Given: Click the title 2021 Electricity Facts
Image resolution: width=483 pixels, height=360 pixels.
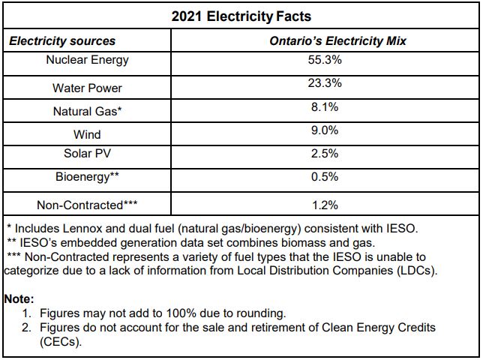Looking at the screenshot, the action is [241, 16].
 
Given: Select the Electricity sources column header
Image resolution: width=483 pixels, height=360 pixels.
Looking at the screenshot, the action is [62, 41].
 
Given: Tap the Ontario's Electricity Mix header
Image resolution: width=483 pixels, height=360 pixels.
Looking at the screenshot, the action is [337, 41].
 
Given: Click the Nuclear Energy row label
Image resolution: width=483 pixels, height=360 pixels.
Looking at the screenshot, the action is [87, 60].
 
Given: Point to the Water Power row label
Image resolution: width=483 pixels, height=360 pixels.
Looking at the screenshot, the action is [87, 88].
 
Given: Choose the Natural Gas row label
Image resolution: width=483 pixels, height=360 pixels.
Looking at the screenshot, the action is [87, 111].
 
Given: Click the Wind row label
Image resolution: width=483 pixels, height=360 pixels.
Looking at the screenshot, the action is [87, 134].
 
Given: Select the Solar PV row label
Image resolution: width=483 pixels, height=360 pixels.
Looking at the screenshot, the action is [87, 153].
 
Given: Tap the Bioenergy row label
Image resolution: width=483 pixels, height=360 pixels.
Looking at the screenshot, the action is [87, 178].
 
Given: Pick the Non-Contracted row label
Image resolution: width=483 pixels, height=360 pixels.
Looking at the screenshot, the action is [87, 205].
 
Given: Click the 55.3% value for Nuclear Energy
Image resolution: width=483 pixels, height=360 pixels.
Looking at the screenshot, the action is [325, 60].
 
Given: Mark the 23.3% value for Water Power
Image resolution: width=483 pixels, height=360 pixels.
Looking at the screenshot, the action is [325, 83].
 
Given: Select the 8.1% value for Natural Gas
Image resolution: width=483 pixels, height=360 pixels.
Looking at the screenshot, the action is [325, 107].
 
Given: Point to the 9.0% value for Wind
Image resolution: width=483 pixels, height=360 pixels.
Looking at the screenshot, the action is [325, 130].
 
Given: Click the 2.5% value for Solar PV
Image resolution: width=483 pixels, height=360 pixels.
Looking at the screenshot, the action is [325, 153].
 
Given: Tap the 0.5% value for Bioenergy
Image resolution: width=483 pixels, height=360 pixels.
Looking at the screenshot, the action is [325, 177].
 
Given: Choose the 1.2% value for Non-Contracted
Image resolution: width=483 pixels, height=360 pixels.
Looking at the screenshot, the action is [325, 205].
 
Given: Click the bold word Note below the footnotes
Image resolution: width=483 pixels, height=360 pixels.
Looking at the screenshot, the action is [19, 299].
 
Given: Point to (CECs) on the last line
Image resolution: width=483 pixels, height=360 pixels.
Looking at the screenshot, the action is [61, 342].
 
